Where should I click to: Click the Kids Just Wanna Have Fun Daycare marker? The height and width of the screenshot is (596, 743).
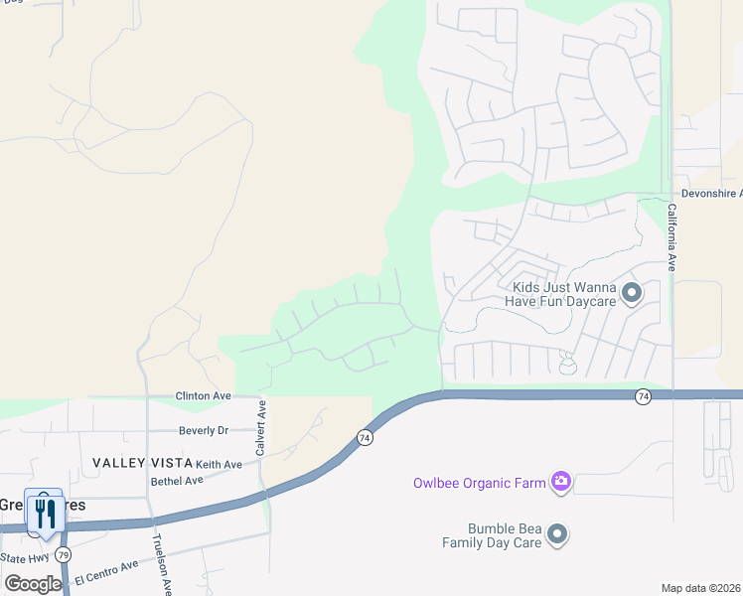pos(632,294)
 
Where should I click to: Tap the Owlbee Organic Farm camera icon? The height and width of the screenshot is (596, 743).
pos(561,483)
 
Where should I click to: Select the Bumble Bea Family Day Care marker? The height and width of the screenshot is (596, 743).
pos(558,535)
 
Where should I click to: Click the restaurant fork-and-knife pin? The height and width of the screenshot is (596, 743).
pos(45,513)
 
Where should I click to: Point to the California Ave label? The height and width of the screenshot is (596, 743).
pos(671,238)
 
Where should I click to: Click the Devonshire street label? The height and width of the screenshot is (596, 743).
pos(711,194)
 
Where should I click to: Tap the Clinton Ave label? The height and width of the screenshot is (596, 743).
pos(203,395)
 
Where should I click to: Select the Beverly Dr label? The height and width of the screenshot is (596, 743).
pos(204,430)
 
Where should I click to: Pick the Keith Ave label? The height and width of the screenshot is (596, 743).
pos(219,464)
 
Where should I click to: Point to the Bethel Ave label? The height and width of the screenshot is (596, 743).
pos(177,480)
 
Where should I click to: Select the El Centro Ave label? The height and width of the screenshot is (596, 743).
pos(105,572)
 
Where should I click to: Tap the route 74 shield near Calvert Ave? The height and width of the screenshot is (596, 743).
pos(365,437)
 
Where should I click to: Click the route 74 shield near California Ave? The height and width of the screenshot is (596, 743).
pos(644,396)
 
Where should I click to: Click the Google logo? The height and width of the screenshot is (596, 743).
pos(33,583)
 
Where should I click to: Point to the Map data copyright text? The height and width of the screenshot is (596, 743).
pos(700,588)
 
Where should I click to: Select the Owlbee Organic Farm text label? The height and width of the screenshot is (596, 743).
pos(480,484)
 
